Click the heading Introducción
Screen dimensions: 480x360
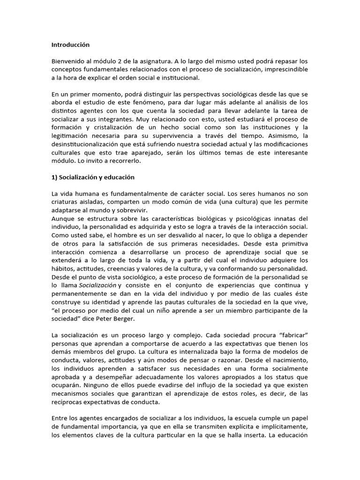[70, 45]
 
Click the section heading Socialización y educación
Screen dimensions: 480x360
[96, 177]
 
